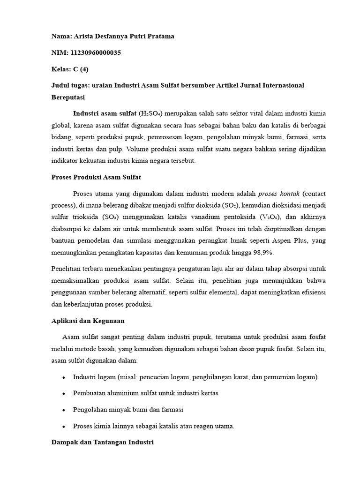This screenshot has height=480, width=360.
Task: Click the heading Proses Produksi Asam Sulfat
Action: (96, 177)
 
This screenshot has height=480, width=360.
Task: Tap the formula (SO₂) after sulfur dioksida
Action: (229, 205)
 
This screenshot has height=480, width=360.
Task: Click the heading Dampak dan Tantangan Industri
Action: (102, 442)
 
